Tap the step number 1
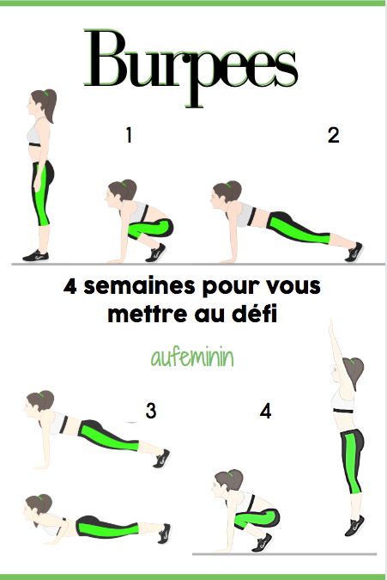click(x=129, y=135)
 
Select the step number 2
click(x=333, y=135)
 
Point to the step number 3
click(x=151, y=411)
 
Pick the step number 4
click(x=265, y=411)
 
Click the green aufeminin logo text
click(x=192, y=357)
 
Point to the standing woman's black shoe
click(x=35, y=255)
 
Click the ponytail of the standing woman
click(x=51, y=105)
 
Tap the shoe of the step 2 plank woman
click(x=354, y=252)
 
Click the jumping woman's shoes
click(x=354, y=525)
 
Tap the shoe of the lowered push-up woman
click(x=165, y=534)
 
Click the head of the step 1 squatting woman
click(x=120, y=193)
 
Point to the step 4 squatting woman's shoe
click(x=262, y=542)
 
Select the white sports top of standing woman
click(x=39, y=133)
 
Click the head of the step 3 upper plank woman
click(x=39, y=403)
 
